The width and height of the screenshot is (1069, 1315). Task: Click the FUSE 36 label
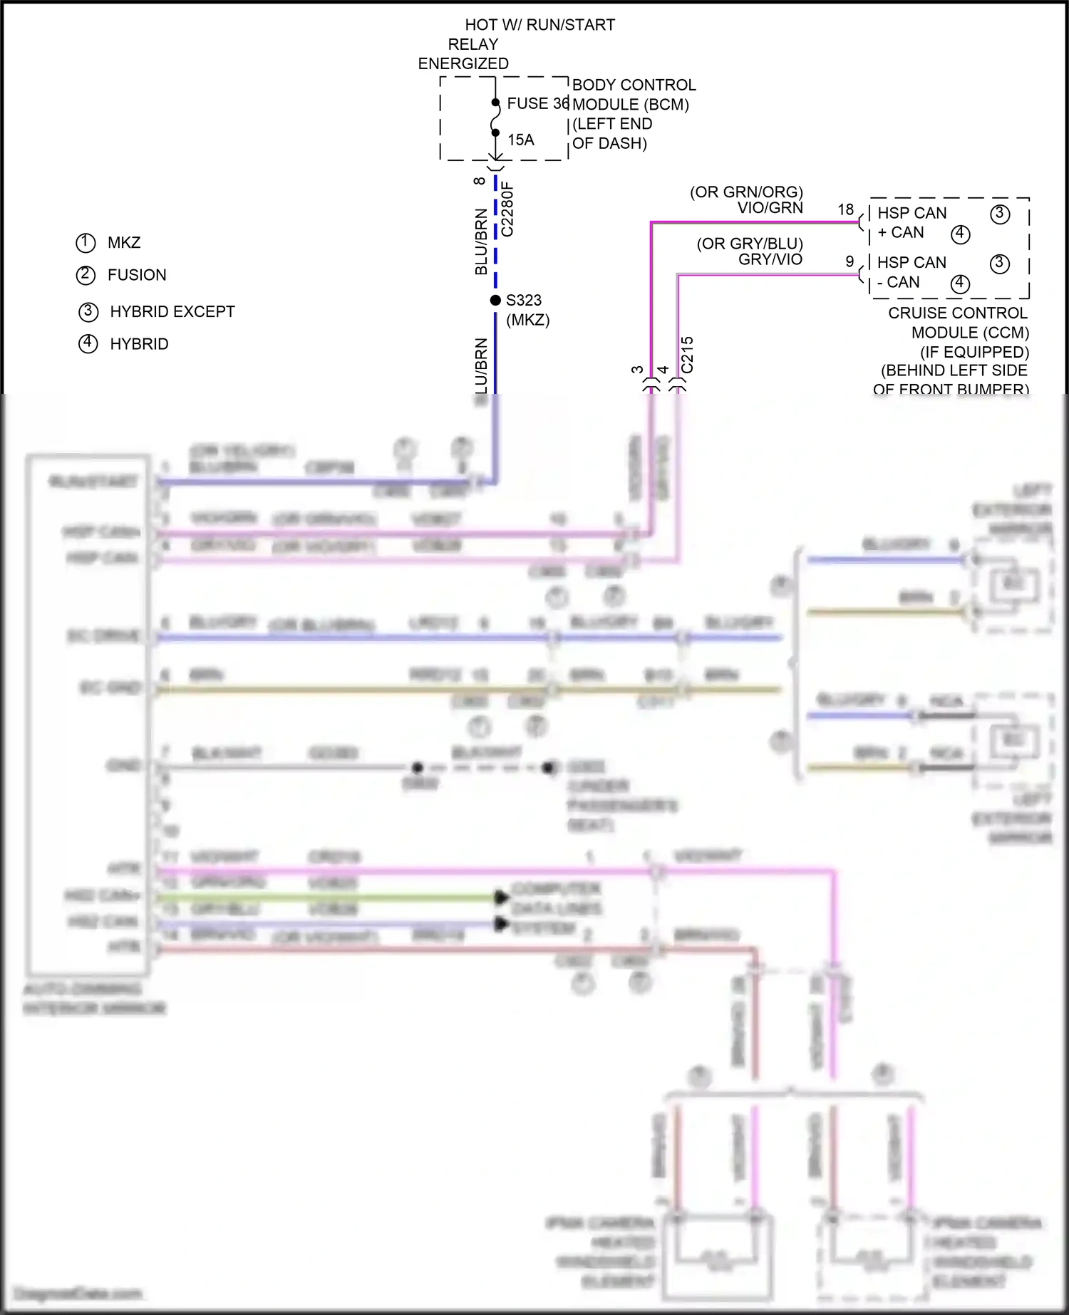click(x=537, y=104)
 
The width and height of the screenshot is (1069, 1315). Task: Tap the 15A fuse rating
click(x=521, y=140)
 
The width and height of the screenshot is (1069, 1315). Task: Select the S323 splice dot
click(x=495, y=301)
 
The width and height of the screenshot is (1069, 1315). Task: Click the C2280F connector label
click(x=507, y=209)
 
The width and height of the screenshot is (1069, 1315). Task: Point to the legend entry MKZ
click(x=124, y=243)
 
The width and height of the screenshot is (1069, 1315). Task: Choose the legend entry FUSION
click(x=137, y=275)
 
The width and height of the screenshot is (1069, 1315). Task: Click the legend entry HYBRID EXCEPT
click(x=172, y=312)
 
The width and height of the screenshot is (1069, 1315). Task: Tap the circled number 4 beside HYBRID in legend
click(x=88, y=343)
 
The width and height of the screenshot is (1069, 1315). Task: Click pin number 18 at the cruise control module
click(x=845, y=210)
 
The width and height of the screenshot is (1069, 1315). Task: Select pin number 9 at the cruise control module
click(x=849, y=261)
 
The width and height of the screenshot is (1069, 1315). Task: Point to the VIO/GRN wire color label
click(x=770, y=208)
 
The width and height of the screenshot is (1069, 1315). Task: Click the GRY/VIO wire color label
click(x=770, y=259)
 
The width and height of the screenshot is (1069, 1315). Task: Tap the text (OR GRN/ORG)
click(x=746, y=192)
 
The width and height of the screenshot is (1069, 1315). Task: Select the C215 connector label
click(x=687, y=355)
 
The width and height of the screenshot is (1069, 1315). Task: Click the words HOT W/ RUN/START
click(x=540, y=25)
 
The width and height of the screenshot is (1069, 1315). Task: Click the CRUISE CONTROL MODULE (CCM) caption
click(x=958, y=323)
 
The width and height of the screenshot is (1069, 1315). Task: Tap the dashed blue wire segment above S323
click(x=495, y=235)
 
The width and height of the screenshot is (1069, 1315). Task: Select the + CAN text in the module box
click(x=901, y=233)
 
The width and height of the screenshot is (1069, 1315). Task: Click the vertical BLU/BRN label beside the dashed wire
click(x=482, y=242)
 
